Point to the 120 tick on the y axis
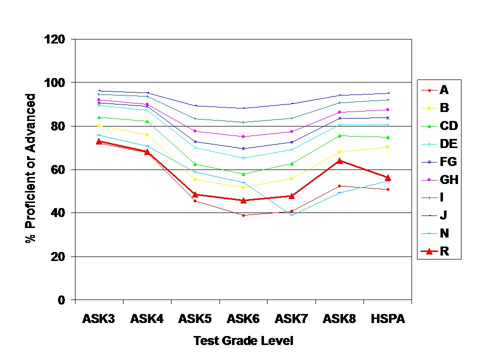click(57, 39)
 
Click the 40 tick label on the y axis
click(60, 213)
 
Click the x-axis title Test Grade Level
click(243, 341)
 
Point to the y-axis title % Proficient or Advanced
click(31, 168)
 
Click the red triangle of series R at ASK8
click(339, 161)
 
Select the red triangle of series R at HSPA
click(387, 177)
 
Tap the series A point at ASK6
click(243, 215)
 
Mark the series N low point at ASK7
click(291, 214)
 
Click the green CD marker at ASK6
click(243, 174)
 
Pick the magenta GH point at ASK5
click(195, 131)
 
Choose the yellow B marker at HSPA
click(387, 146)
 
